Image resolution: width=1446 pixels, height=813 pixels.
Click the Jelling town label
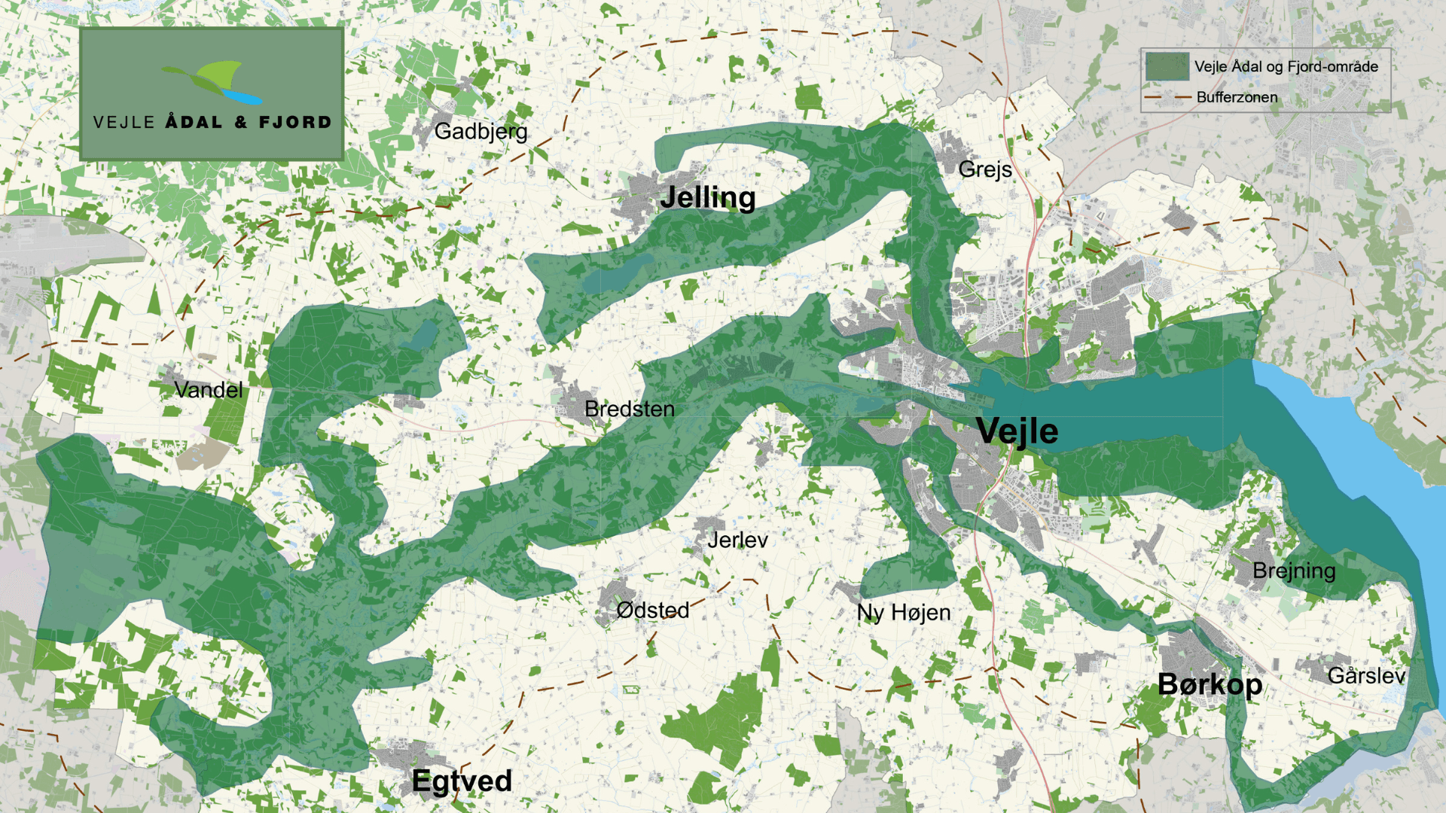coord(707,197)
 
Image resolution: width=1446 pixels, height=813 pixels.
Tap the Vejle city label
coord(1017,431)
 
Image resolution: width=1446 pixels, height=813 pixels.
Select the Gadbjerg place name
coord(480,131)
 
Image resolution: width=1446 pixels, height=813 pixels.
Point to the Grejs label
coord(984,169)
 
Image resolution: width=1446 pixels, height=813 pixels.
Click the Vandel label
coord(208,389)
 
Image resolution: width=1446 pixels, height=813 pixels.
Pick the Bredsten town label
coord(629,409)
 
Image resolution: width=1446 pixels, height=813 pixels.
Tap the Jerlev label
coord(737,540)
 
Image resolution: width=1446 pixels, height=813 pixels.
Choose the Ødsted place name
coord(652,610)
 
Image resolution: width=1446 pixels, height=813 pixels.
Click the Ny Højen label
coord(903,613)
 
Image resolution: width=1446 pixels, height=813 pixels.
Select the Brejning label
coord(1293,571)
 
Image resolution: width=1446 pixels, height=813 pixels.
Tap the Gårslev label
coord(1365,675)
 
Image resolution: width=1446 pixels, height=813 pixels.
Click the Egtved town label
coord(462,781)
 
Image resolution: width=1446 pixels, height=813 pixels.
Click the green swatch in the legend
coord(1167,66)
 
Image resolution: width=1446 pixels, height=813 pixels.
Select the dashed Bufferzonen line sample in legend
coord(1167,97)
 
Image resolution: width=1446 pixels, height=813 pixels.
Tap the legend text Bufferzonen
coord(1237,97)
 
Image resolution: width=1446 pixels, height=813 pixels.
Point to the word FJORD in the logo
coord(294,122)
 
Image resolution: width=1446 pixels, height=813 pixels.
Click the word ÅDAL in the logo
coord(194,122)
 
